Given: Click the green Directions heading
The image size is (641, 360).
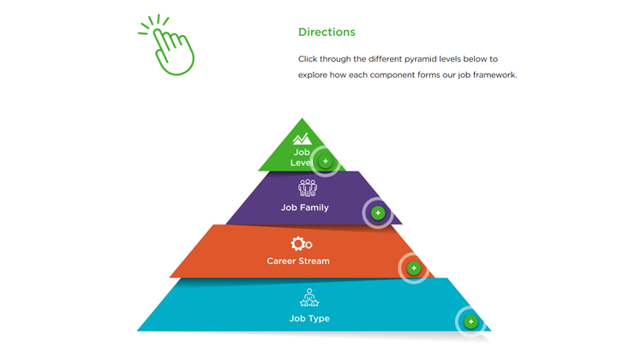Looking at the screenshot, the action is [326, 32].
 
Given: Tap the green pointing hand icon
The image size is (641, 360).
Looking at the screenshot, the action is [167, 45].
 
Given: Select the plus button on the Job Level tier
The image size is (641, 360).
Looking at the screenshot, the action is [326, 161].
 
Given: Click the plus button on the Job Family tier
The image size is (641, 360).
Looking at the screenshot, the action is [378, 213].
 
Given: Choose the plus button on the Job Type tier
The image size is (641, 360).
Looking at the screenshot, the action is [470, 321].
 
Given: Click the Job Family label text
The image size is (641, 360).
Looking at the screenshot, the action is [304, 207].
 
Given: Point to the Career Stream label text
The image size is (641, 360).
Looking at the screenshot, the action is [298, 261].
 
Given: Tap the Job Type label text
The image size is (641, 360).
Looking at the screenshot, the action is [309, 318].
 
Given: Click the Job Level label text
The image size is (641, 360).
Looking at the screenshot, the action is [302, 158].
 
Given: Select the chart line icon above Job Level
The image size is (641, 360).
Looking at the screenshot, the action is [303, 139].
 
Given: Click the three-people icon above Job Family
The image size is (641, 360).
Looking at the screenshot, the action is [308, 188].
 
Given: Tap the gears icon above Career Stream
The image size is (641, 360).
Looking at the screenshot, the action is [302, 243].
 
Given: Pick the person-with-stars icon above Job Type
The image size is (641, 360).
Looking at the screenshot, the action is [309, 297].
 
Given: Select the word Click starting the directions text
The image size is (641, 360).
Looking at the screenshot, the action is [308, 59].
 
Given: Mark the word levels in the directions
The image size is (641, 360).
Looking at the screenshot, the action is [450, 59].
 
